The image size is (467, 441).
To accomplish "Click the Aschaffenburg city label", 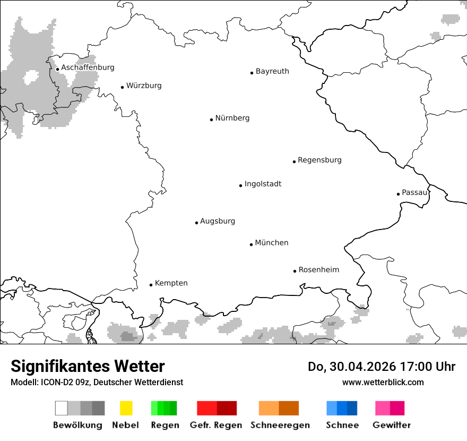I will click(x=88, y=68).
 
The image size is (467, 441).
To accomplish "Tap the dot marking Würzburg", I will click(x=122, y=87).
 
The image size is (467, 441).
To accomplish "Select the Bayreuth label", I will click(x=272, y=71).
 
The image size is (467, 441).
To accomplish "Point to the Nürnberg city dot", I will click(x=211, y=120).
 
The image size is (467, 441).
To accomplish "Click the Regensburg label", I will click(x=319, y=160).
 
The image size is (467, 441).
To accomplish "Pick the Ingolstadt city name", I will click(x=263, y=184).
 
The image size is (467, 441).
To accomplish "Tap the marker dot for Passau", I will click(x=398, y=194).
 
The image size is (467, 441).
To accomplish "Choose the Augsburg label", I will click(x=218, y=221).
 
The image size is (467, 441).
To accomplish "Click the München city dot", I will click(x=251, y=244).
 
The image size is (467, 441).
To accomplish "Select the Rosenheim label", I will click(x=318, y=270).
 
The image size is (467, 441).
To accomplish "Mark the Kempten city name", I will click(x=171, y=283).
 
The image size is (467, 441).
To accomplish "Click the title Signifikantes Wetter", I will click(x=88, y=366).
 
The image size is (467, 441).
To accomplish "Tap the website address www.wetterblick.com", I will click(x=383, y=382).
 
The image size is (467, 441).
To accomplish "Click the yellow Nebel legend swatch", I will click(x=126, y=408).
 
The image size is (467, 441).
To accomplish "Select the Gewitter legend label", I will click(x=391, y=425).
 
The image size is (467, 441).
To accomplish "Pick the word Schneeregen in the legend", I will click(x=280, y=425).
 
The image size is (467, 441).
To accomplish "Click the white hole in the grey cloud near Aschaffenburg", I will click(x=31, y=78).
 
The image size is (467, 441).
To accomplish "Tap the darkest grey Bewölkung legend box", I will click(x=98, y=408).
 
